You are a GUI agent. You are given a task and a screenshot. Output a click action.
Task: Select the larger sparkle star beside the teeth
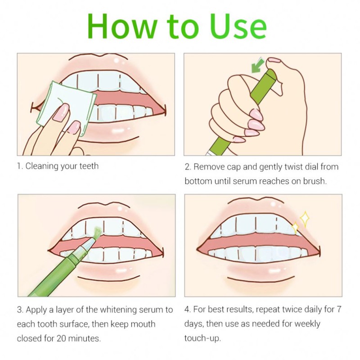click(x=305, y=219)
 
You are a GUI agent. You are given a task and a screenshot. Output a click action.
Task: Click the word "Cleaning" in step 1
click(x=42, y=166)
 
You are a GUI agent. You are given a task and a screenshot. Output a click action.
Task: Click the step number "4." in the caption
click(x=188, y=310)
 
